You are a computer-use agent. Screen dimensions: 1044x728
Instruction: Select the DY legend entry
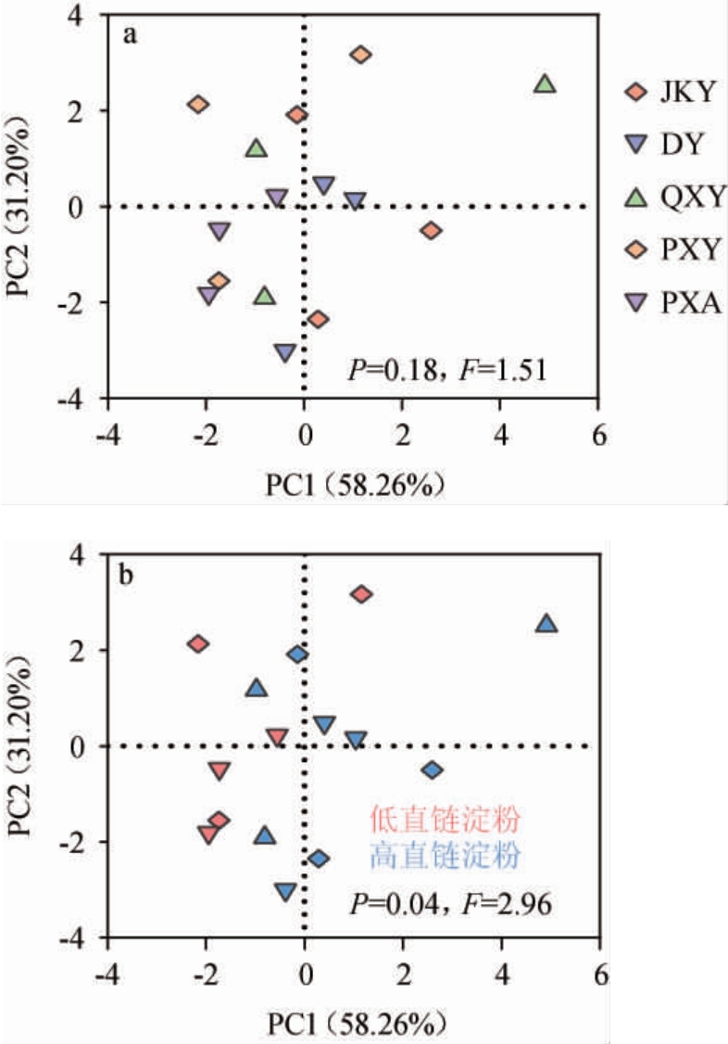[669, 144]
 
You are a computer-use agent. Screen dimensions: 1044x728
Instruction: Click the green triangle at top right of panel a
[546, 84]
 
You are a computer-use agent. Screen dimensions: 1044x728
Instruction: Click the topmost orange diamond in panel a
[361, 55]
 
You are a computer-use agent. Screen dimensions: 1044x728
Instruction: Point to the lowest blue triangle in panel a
[285, 353]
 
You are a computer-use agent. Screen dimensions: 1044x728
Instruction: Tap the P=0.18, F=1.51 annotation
[448, 372]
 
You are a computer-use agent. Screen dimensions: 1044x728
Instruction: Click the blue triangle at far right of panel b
[546, 624]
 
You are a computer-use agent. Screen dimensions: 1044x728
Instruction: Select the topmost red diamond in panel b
[361, 594]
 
